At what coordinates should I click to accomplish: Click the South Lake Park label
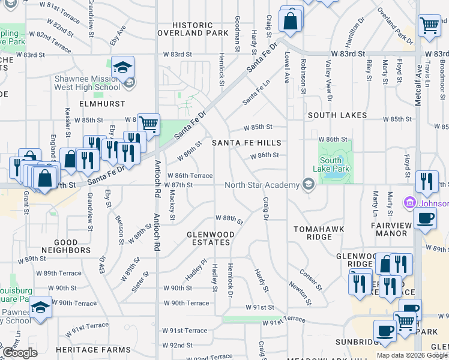click(331, 165)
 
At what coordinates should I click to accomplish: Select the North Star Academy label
click(262, 185)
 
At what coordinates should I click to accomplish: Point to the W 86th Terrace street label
click(193, 175)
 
